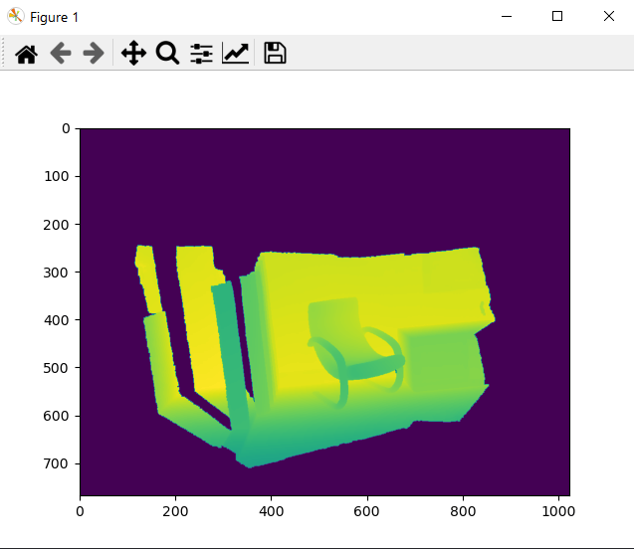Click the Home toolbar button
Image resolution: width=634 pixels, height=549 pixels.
[x=26, y=54]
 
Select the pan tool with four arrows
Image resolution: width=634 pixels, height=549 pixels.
[x=132, y=54]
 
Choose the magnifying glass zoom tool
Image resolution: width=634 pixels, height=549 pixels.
[x=167, y=54]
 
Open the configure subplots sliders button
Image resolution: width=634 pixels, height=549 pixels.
[x=201, y=54]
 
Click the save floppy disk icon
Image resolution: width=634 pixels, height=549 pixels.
[x=275, y=54]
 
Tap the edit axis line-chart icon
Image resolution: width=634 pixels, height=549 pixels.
[x=236, y=54]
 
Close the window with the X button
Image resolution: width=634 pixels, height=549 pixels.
[x=608, y=17]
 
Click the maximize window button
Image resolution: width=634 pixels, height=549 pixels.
[x=557, y=17]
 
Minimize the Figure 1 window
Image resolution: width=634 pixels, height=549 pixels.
[x=507, y=17]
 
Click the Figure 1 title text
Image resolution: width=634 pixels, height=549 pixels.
[x=54, y=18]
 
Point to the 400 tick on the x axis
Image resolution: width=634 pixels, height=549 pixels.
[x=272, y=510]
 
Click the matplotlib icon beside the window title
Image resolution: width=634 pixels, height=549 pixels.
[x=15, y=17]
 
